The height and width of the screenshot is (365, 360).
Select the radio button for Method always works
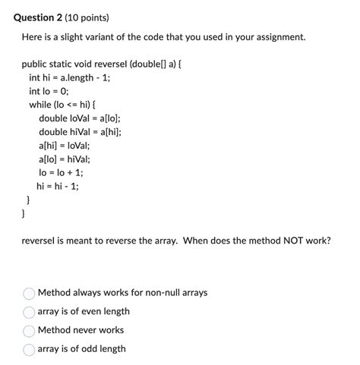click(30, 293)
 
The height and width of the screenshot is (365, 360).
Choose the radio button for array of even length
click(30, 312)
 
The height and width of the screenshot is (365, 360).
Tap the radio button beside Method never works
click(30, 331)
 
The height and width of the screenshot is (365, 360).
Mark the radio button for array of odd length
click(30, 350)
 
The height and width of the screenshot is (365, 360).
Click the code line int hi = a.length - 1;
click(69, 77)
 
